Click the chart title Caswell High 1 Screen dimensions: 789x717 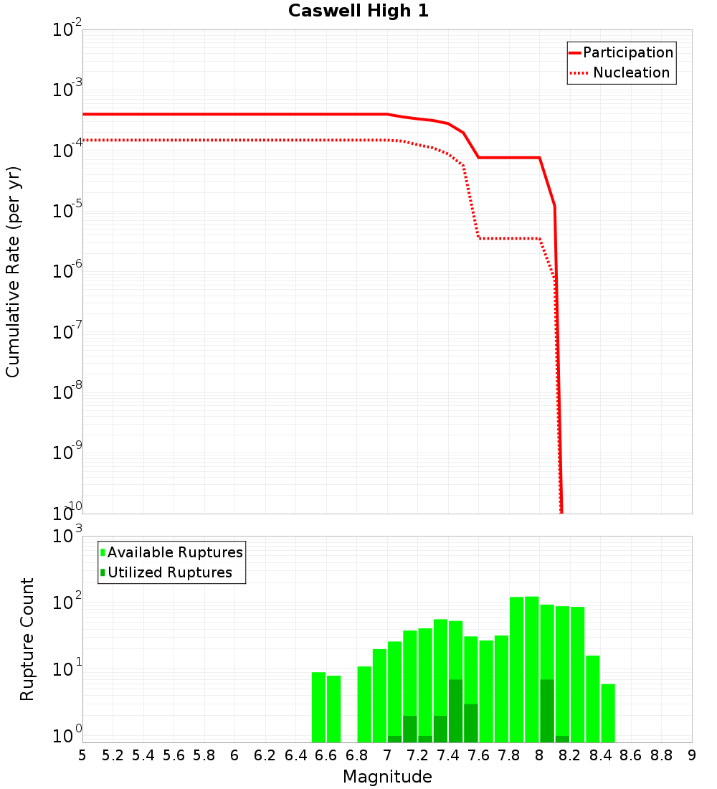[358, 11]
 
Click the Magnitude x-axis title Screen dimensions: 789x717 [387, 777]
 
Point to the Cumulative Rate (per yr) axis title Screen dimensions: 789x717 [13, 272]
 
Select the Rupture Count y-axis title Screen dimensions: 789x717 [27, 639]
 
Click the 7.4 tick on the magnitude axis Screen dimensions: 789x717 [448, 755]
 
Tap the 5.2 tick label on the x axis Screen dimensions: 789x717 [113, 755]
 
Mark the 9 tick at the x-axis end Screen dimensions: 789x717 [692, 755]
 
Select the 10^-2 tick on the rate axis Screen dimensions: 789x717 [68, 31]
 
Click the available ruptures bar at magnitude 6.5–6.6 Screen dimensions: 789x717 [319, 707]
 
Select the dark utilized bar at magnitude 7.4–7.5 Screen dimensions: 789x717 [456, 710]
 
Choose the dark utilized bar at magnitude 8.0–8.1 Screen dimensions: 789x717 [547, 710]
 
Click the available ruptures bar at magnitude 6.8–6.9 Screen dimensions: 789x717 [364, 704]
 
